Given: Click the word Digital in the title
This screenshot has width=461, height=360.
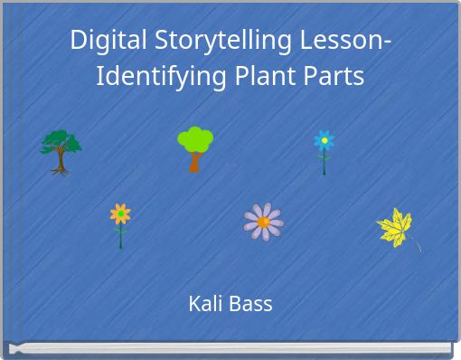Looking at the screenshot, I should click(x=106, y=41).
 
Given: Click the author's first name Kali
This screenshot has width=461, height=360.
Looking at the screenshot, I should click(x=203, y=304).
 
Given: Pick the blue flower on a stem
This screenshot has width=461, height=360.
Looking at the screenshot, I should click(x=324, y=149).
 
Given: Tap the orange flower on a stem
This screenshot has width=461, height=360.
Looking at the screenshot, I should click(x=120, y=223).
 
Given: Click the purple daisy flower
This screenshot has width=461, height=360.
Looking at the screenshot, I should click(x=263, y=222).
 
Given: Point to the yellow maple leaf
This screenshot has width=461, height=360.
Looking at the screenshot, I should click(x=396, y=227).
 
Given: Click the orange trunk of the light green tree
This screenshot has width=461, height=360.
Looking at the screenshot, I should click(x=194, y=163).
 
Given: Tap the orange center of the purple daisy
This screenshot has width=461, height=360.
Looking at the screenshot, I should click(x=263, y=222).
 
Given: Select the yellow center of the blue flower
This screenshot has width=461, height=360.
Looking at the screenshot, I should click(x=324, y=140).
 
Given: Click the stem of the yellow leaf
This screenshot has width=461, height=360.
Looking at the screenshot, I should click(x=416, y=245).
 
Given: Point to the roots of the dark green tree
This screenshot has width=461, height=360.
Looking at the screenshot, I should click(x=61, y=168).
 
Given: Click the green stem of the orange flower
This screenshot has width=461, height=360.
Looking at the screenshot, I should click(x=120, y=237).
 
